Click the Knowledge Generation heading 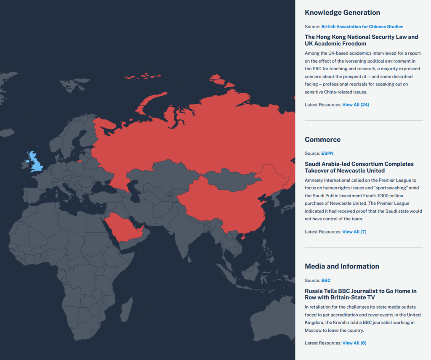click(342, 13)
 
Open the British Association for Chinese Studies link click(362, 26)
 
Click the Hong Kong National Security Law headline click(361, 40)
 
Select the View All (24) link click(355, 104)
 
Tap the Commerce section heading click(322, 140)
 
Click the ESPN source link click(327, 154)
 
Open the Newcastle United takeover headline click(359, 167)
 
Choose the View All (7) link click(354, 232)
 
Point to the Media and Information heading click(342, 266)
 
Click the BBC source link click(326, 281)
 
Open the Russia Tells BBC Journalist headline click(360, 294)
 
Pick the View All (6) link click(354, 343)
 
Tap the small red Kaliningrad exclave click(79, 161)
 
